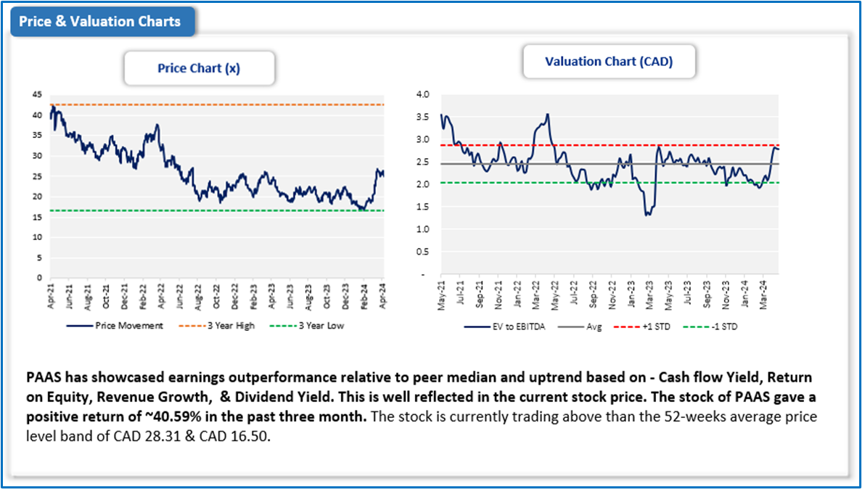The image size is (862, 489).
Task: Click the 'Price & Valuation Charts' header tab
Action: [x=100, y=21]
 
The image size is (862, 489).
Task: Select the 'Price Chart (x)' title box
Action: [x=199, y=69]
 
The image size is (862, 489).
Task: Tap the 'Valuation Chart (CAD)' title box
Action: [x=609, y=62]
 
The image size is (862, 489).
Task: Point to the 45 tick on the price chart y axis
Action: [x=36, y=95]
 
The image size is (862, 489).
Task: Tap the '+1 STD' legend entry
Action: [x=654, y=326]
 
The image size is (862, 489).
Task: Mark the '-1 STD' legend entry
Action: [x=722, y=326]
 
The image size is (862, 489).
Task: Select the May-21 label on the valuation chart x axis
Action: [x=441, y=297]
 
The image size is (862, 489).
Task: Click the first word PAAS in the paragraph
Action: [x=41, y=378]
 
